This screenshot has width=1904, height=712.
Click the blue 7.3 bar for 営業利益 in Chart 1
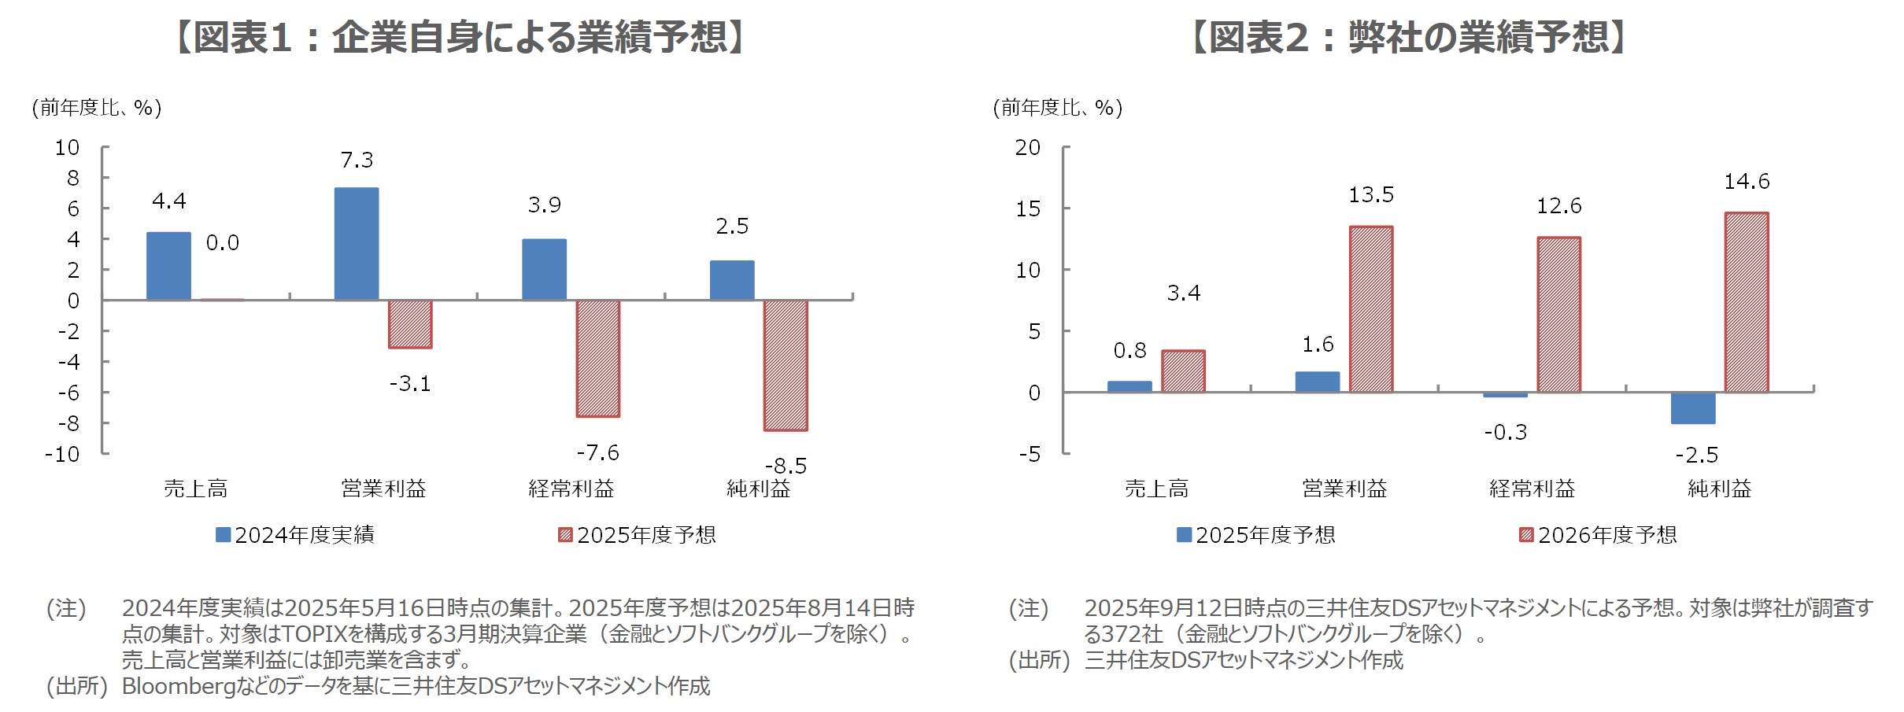(x=356, y=244)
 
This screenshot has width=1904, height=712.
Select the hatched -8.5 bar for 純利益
(x=785, y=365)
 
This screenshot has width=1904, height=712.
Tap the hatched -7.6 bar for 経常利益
(x=597, y=358)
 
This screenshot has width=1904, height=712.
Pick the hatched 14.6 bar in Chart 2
(x=1746, y=302)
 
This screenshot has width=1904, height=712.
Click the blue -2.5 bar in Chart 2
(x=1692, y=408)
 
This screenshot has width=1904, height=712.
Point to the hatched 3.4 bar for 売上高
(x=1182, y=371)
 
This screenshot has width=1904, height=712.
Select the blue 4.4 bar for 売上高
(x=168, y=266)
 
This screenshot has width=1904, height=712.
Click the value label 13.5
(x=1370, y=195)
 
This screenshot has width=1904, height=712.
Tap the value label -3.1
(x=410, y=384)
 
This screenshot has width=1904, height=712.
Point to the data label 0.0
(x=222, y=243)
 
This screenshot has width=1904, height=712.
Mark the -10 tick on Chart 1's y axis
(x=63, y=454)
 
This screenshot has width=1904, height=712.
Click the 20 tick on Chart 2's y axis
(x=1027, y=148)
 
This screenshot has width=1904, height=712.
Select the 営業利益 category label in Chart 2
(x=1344, y=489)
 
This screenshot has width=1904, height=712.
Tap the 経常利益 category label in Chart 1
(x=571, y=489)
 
